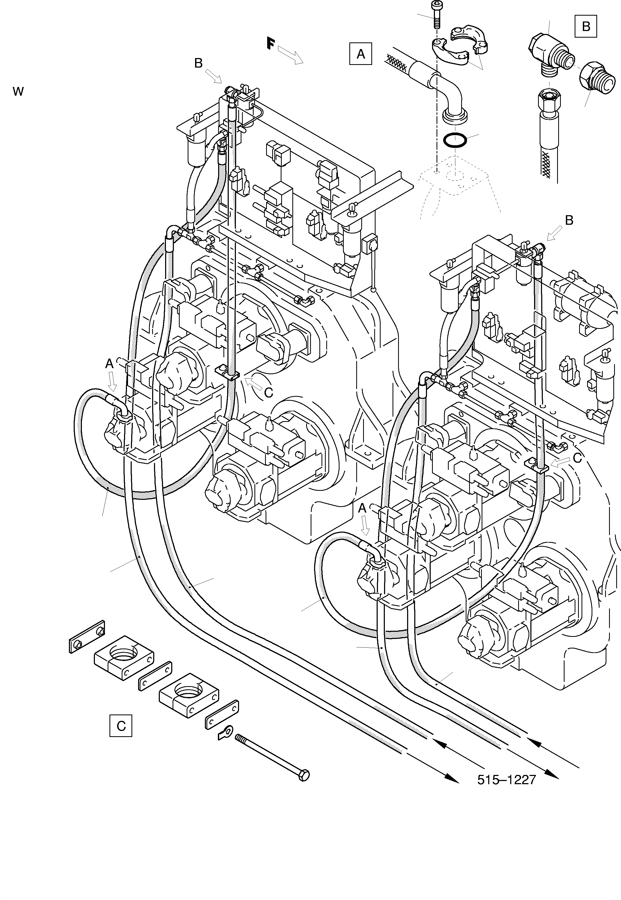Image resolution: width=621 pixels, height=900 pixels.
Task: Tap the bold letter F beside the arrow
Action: click(271, 43)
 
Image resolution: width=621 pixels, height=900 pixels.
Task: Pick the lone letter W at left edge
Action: click(18, 92)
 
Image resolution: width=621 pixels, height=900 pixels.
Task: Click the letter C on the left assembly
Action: click(268, 393)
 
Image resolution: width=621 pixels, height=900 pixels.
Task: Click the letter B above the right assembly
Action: click(569, 220)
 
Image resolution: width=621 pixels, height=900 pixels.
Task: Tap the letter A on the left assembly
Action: click(109, 364)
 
